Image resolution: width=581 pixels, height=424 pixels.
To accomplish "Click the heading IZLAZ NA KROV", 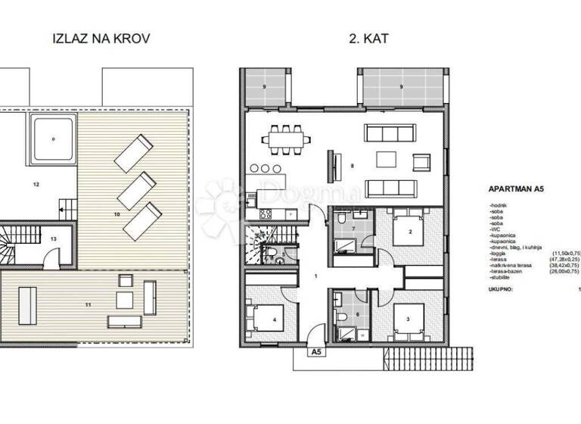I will coord(96,38).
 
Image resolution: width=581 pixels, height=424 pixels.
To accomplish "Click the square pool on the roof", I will coord(52,139).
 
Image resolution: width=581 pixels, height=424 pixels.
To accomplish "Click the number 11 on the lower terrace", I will coord(88,304).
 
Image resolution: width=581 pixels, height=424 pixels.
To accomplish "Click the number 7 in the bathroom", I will coord(353,227).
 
